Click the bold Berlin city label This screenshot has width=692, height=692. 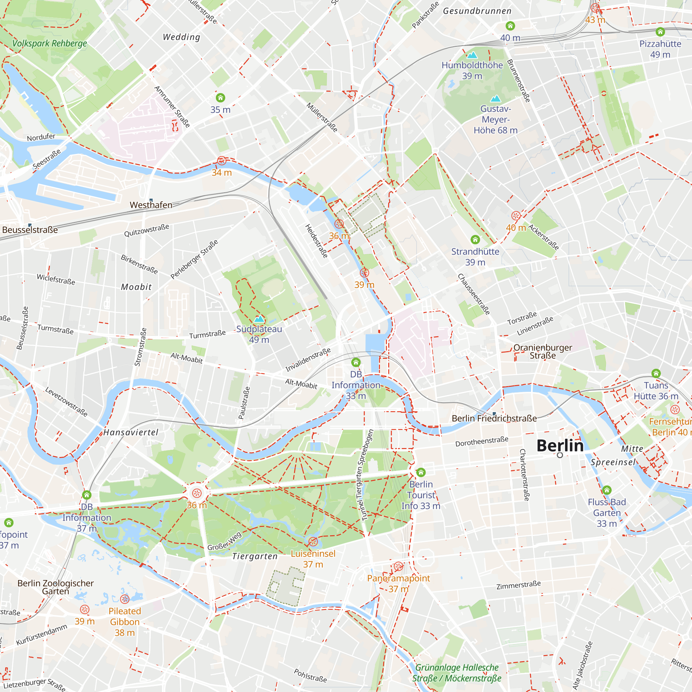click(560, 446)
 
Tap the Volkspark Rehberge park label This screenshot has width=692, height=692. click(49, 43)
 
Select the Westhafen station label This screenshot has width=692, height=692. click(151, 205)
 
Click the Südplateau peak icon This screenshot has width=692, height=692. click(259, 319)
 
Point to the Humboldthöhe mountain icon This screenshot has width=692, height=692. click(472, 55)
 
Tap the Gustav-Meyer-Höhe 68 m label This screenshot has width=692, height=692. click(495, 120)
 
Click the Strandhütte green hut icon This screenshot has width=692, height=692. click(475, 239)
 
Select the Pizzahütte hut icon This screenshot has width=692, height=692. click(660, 32)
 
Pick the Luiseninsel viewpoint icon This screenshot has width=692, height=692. click(313, 541)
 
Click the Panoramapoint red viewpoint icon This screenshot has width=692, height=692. click(398, 566)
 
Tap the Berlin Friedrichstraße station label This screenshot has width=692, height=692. click(494, 418)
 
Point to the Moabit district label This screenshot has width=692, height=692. click(136, 287)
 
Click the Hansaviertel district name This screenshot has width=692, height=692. click(131, 432)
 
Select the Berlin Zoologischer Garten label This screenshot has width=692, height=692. click(55, 587)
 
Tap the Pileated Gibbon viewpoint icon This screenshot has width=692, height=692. click(125, 599)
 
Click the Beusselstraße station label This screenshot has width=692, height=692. click(30, 230)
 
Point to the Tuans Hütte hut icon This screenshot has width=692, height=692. click(656, 373)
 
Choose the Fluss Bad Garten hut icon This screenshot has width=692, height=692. click(607, 490)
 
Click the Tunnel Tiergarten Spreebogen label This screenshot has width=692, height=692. click(365, 475)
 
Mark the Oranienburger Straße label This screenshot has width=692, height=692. click(542, 352)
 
